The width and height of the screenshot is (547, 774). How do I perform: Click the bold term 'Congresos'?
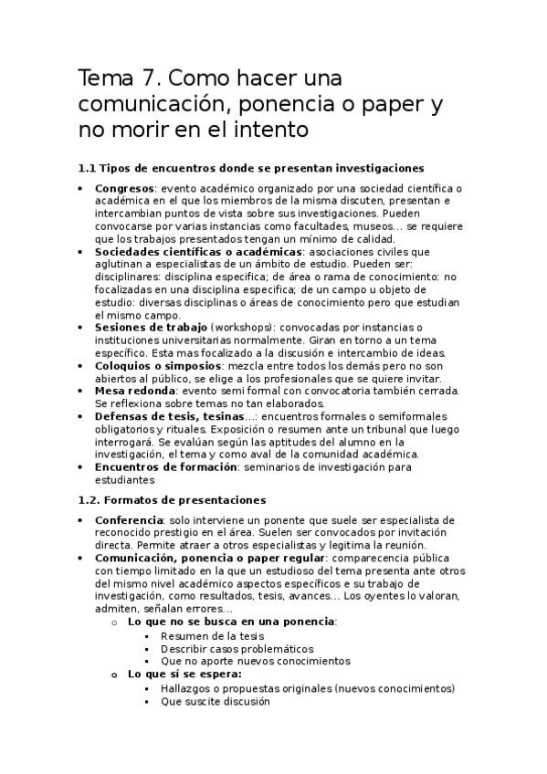124,188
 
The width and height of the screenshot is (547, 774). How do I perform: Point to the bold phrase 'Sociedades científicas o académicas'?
198,251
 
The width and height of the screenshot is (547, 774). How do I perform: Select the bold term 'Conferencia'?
128,519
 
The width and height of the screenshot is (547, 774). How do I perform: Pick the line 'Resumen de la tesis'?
211,635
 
